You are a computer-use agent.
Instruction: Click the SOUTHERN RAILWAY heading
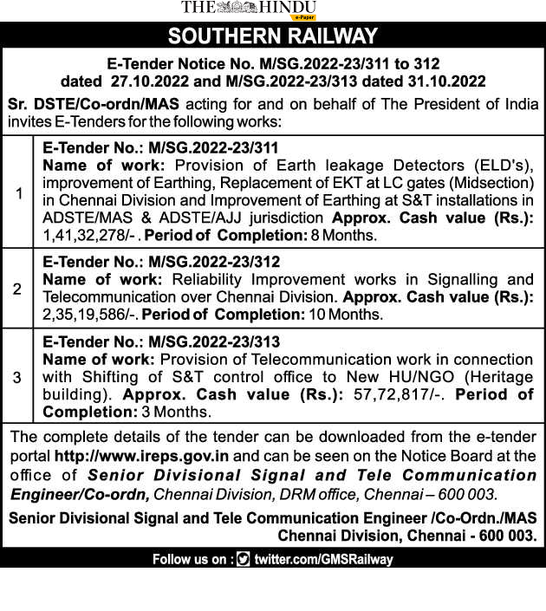pyautogui.click(x=273, y=36)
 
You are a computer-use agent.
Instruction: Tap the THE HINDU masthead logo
pyautogui.click(x=249, y=8)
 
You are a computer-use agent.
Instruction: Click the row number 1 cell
pyautogui.click(x=18, y=192)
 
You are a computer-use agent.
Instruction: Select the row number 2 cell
pyautogui.click(x=18, y=289)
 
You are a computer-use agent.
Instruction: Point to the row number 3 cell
pyautogui.click(x=18, y=377)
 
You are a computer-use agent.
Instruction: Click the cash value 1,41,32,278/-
pyautogui.click(x=90, y=236)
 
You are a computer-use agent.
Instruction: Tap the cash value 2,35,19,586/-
pyautogui.click(x=90, y=315)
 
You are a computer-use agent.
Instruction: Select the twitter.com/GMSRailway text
pyautogui.click(x=323, y=560)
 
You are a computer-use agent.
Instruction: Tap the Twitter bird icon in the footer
pyautogui.click(x=244, y=560)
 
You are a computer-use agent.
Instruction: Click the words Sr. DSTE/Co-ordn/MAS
pyautogui.click(x=94, y=104)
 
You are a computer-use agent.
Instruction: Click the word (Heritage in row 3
pyautogui.click(x=496, y=376)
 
